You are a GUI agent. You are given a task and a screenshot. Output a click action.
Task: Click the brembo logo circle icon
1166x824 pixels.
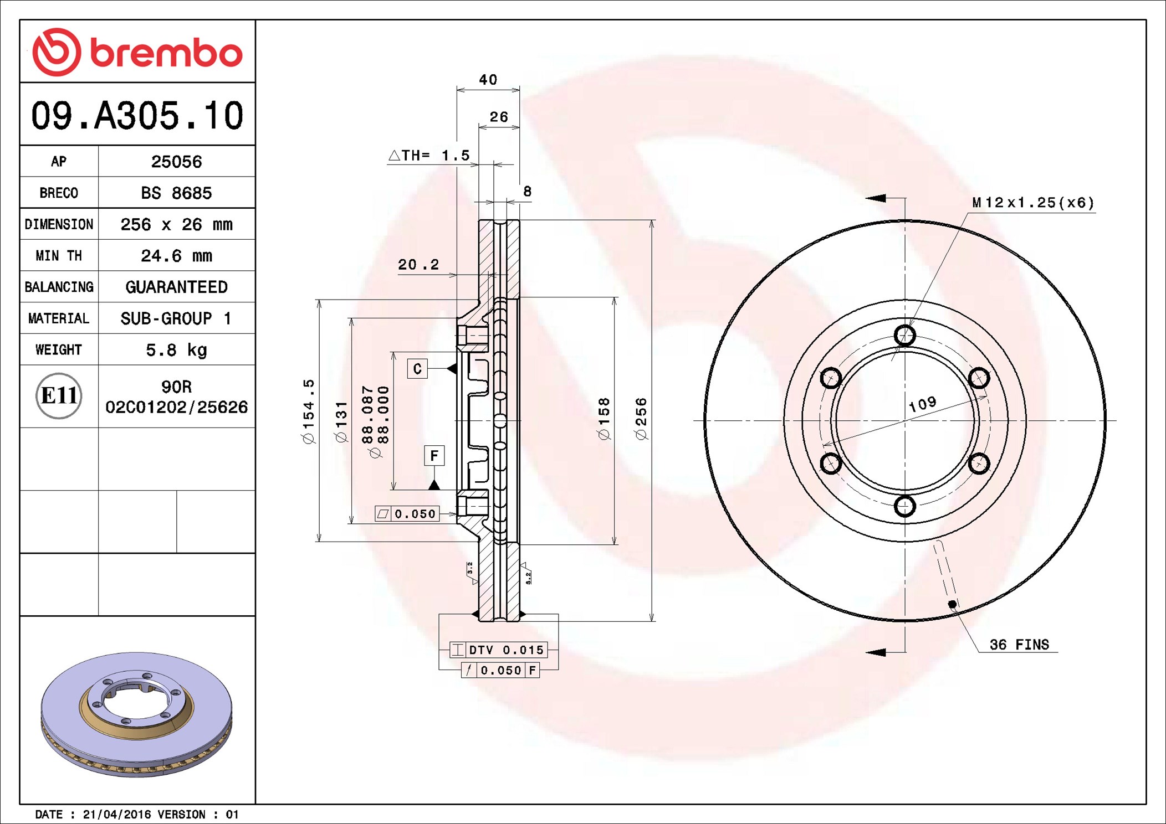tap(57, 52)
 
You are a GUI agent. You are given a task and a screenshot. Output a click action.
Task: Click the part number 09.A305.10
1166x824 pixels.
tap(137, 116)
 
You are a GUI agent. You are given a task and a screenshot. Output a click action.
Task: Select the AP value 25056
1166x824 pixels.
tap(176, 162)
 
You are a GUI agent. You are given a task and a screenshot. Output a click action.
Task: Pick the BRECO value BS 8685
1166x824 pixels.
tap(176, 193)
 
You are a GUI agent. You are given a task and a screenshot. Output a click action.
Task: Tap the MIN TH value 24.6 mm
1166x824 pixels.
tap(176, 256)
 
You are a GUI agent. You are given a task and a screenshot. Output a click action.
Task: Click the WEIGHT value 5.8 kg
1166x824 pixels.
tap(176, 350)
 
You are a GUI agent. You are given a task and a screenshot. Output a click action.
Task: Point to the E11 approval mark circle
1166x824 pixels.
tap(59, 395)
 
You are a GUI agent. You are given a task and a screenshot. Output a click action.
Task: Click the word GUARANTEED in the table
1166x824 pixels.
tap(176, 287)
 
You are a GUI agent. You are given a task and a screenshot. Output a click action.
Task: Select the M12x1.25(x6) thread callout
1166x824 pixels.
tap(1033, 203)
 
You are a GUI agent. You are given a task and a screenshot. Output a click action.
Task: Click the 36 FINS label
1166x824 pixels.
tap(1019, 645)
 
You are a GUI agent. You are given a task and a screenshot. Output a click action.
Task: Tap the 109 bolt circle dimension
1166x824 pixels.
tap(923, 404)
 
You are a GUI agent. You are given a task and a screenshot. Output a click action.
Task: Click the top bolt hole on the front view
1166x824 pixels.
tap(905, 335)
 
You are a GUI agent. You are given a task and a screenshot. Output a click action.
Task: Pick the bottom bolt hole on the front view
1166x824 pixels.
tap(905, 506)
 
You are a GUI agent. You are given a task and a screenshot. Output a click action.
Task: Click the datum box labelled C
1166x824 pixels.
tap(417, 369)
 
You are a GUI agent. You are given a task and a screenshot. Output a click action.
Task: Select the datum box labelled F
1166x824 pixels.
tap(434, 456)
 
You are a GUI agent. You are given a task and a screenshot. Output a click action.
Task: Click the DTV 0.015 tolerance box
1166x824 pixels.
tap(498, 650)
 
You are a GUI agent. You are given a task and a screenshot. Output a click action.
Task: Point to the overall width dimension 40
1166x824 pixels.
tap(488, 80)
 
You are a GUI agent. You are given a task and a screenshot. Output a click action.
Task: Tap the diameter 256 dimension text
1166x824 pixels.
tap(641, 419)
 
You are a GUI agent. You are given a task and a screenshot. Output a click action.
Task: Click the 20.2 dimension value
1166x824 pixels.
tap(418, 265)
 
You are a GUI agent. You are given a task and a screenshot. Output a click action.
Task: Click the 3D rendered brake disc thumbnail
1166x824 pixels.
tap(136, 714)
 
